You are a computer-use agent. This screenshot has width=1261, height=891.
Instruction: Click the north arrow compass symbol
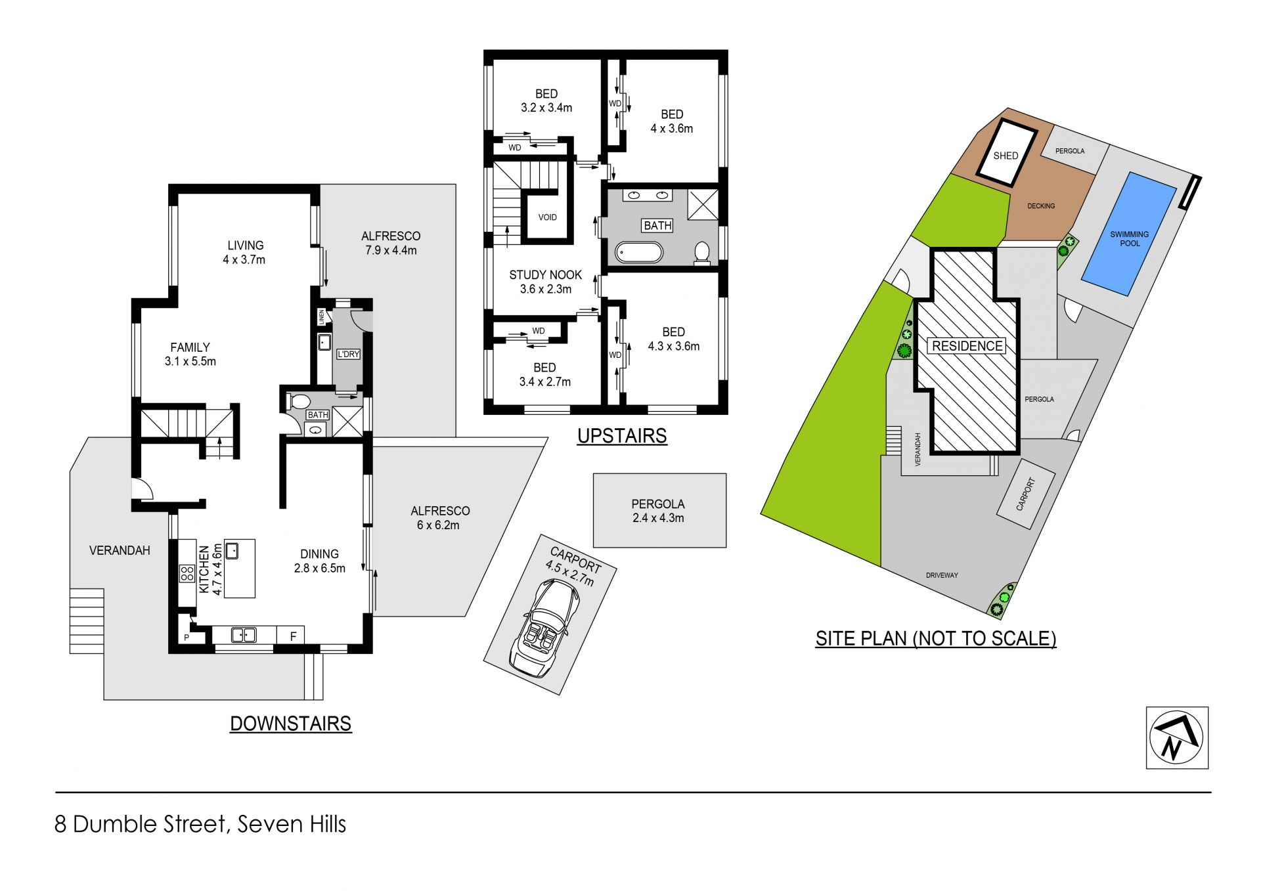tap(1177, 737)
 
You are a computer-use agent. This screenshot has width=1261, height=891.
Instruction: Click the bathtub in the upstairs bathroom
tap(639, 252)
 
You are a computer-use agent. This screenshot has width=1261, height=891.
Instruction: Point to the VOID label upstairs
tap(547, 217)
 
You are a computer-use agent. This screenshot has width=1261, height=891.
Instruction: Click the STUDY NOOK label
tap(546, 275)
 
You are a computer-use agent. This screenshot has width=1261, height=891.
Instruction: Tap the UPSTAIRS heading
tap(622, 436)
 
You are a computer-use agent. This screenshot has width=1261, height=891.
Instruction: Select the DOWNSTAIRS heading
tap(291, 724)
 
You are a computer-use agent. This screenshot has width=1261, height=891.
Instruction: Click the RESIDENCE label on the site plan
tap(967, 346)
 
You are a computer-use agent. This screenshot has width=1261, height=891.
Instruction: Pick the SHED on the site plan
tap(1006, 152)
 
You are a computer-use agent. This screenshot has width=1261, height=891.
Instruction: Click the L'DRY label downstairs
tap(348, 354)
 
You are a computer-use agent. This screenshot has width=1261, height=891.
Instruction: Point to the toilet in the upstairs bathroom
tap(702, 253)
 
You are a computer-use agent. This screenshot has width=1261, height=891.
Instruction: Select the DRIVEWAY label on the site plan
tap(942, 575)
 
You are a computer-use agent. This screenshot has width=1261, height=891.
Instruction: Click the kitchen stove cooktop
tap(187, 573)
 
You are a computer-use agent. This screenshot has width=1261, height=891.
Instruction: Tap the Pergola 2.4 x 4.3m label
tap(658, 511)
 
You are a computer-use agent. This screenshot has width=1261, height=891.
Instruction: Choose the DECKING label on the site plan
tap(1041, 206)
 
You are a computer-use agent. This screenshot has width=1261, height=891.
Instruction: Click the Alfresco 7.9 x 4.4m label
tap(391, 243)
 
